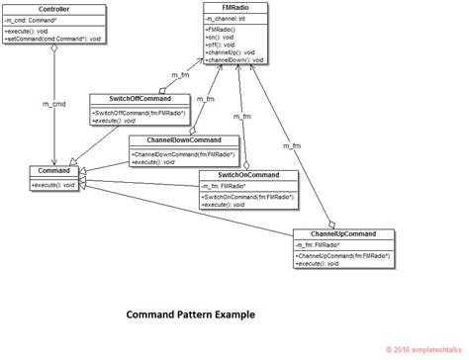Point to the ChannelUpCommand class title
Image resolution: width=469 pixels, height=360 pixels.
click(343, 233)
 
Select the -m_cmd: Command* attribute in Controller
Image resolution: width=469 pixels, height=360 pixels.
click(40, 21)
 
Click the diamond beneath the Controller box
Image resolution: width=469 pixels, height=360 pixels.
click(53, 54)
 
